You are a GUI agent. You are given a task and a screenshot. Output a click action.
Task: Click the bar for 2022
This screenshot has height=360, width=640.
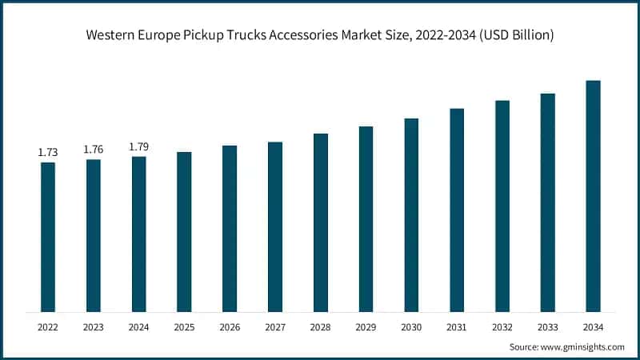tap(48, 237)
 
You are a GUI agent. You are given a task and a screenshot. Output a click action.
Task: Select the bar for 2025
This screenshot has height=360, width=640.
tap(184, 232)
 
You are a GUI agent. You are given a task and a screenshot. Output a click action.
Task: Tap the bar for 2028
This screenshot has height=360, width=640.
tap(320, 222)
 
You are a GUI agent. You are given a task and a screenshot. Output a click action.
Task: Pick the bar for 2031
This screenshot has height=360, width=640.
tap(457, 210)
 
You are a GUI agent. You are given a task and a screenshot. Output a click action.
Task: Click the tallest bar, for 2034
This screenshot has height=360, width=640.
tap(593, 196)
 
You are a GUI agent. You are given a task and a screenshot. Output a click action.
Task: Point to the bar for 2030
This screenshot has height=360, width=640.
tap(411, 215)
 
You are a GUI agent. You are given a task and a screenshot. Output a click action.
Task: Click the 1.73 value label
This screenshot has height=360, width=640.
tap(48, 152)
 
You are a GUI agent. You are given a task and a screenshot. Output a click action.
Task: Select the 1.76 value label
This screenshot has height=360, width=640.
tap(94, 149)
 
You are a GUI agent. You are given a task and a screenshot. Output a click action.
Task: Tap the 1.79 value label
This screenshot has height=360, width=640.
tap(138, 146)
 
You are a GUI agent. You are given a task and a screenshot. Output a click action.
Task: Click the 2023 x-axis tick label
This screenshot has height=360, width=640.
tap(94, 326)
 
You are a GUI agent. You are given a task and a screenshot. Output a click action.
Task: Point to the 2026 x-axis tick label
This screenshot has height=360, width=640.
tap(230, 326)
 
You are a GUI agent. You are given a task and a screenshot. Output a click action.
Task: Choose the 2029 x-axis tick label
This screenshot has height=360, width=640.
tap(366, 326)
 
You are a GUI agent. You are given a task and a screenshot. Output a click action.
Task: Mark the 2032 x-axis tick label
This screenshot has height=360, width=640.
tap(502, 326)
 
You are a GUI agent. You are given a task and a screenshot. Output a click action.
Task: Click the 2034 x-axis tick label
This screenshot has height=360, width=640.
tap(593, 326)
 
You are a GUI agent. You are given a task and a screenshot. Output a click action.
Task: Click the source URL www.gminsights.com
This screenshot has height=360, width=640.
tap(584, 346)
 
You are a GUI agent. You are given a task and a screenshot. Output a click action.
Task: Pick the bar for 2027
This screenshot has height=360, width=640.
tap(275, 227)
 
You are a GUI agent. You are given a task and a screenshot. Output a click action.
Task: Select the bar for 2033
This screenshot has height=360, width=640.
tap(547, 202)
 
